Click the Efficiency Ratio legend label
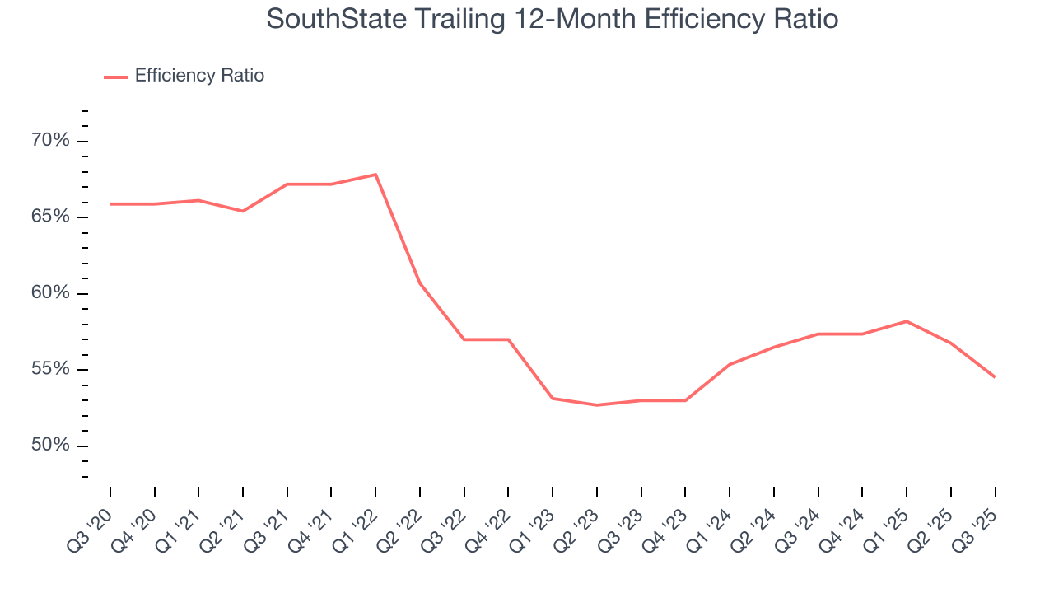(199, 76)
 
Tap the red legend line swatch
(116, 77)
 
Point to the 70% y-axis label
(50, 141)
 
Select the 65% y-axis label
(50, 217)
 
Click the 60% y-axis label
(50, 293)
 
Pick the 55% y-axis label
(50, 369)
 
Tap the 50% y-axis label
(50, 446)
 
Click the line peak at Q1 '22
(375, 175)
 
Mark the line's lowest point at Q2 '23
(596, 405)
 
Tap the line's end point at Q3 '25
(995, 377)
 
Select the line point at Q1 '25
(907, 321)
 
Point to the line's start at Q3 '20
(110, 203)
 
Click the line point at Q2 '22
(420, 283)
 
